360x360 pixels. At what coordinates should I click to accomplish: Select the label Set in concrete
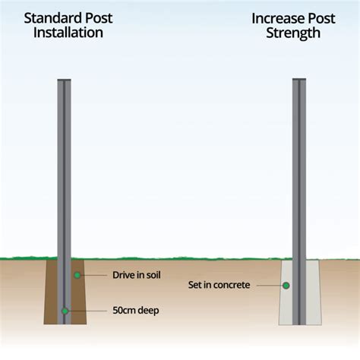click(x=219, y=286)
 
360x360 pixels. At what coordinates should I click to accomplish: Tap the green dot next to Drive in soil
click(x=76, y=274)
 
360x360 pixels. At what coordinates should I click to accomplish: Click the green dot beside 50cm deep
click(x=65, y=311)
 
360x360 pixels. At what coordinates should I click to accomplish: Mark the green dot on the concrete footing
click(x=287, y=286)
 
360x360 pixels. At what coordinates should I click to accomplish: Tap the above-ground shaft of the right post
click(x=300, y=167)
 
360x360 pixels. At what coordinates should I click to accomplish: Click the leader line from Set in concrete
click(x=270, y=286)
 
